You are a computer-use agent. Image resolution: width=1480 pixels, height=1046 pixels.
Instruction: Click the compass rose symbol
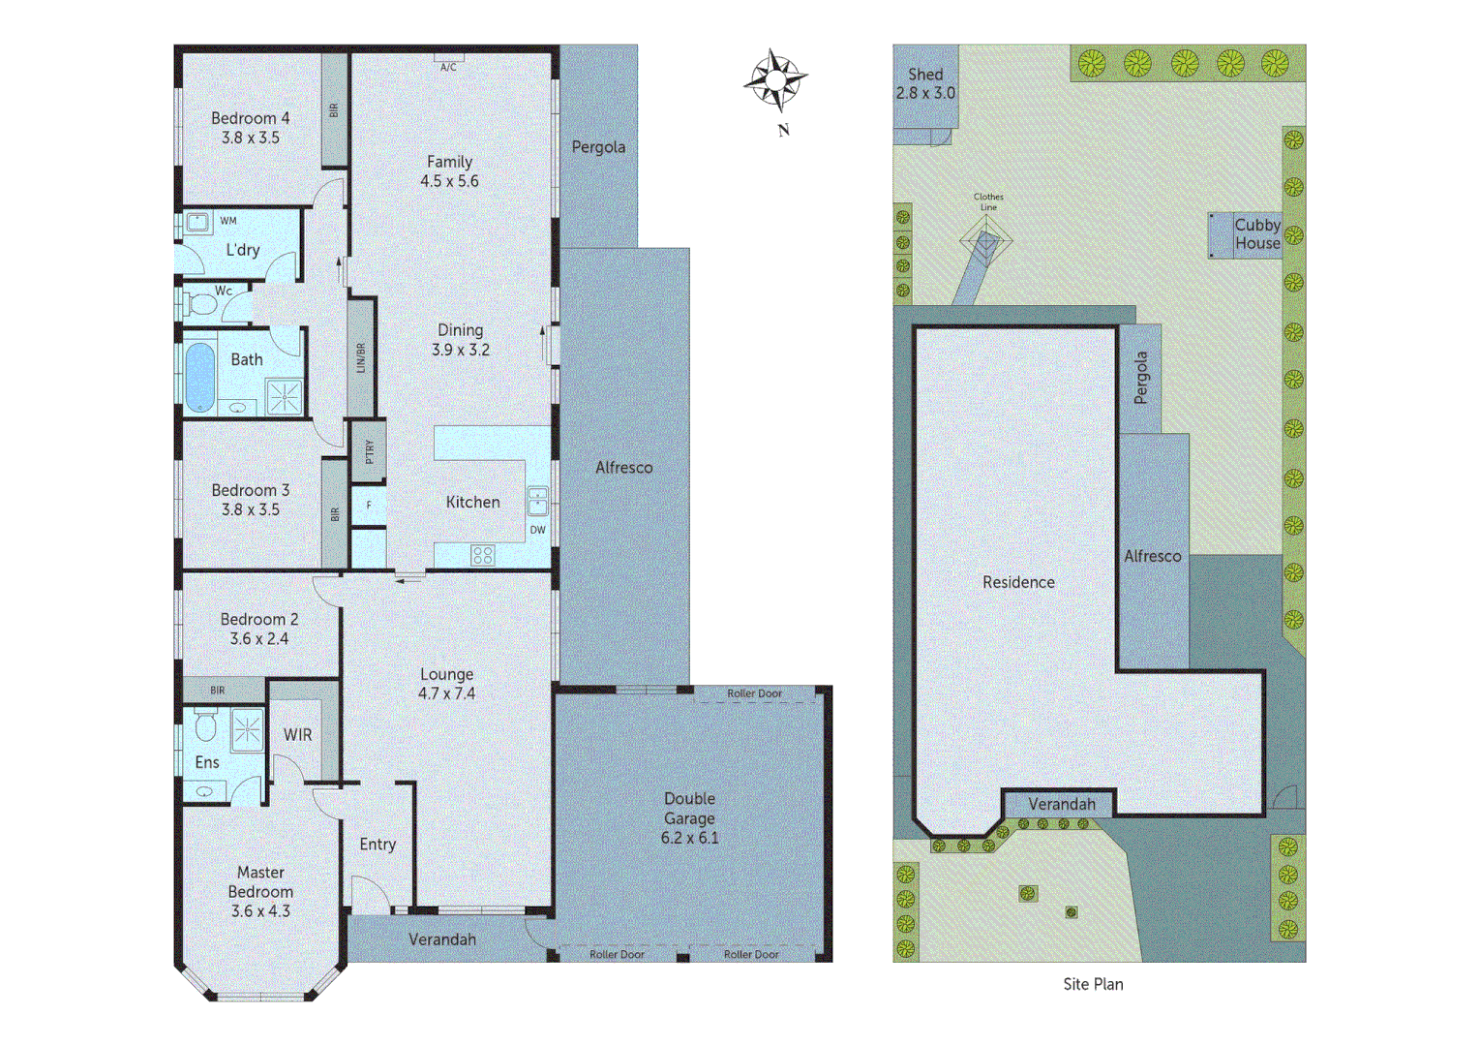tap(775, 79)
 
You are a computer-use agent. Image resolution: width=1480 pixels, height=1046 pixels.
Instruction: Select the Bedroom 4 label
tap(251, 118)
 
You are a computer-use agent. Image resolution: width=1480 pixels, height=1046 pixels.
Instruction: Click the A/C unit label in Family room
tap(448, 67)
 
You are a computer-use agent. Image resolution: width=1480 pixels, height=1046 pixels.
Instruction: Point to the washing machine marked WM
tap(198, 223)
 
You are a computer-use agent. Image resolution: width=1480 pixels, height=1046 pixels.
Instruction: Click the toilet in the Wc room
tap(201, 304)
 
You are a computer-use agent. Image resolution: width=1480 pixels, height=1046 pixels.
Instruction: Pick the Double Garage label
tap(690, 809)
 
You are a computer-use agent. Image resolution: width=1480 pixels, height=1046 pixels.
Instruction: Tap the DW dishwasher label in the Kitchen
tap(537, 530)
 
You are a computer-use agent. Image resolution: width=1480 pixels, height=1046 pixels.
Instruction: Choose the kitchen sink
tap(537, 502)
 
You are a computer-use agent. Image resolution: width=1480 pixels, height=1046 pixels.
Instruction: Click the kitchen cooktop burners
tap(482, 555)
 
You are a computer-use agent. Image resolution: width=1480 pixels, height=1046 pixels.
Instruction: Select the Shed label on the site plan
tap(925, 75)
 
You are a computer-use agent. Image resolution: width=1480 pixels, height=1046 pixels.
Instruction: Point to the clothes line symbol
tap(986, 240)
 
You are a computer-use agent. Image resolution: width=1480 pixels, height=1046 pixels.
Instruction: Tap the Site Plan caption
tap(1093, 984)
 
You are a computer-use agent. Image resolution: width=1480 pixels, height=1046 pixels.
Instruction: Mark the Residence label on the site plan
tap(1018, 582)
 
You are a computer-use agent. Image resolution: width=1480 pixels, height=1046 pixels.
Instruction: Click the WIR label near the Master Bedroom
tap(298, 735)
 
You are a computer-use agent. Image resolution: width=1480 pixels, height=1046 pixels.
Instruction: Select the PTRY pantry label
tap(369, 451)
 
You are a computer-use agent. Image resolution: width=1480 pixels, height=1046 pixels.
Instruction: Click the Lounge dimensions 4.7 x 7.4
tap(446, 693)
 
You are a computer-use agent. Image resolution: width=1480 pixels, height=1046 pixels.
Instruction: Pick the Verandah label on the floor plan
tap(442, 939)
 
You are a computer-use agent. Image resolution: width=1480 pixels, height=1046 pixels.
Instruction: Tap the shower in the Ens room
tap(247, 728)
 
